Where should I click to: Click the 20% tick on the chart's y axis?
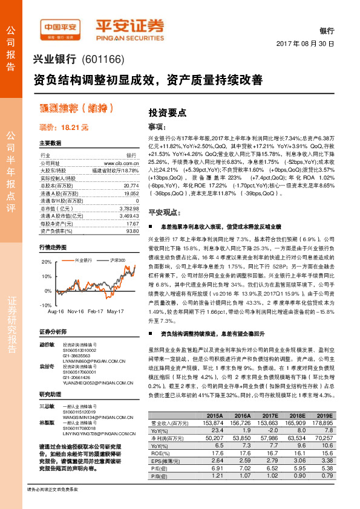[x=47, y=262]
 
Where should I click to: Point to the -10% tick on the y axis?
[x=47, y=305]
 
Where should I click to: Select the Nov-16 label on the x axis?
[x=76, y=311]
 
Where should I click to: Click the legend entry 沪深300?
[x=117, y=259]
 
